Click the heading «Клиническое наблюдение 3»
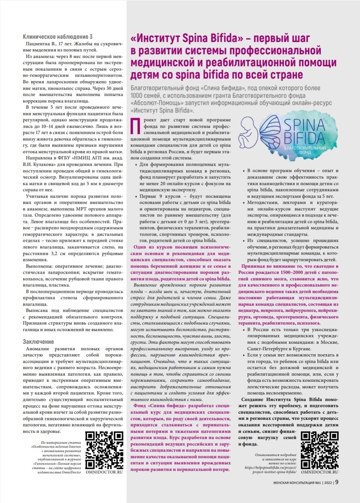[57, 37]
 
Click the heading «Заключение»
[38, 342]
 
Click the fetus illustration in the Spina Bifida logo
[249, 132]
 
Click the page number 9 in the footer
[337, 482]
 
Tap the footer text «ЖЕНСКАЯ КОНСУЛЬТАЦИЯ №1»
[297, 482]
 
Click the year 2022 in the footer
[328, 482]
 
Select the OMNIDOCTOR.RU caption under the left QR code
[104, 472]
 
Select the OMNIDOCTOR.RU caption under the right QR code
[320, 472]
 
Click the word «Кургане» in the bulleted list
[300, 348]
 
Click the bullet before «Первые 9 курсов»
[135, 196]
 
